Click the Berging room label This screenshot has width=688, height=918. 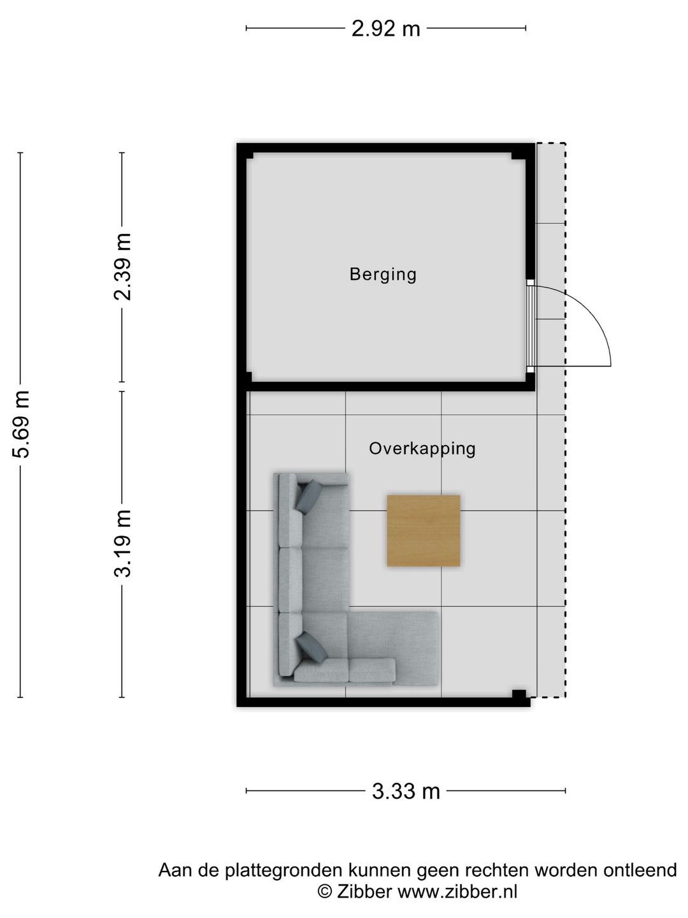tap(383, 275)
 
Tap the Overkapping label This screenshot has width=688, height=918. tap(422, 449)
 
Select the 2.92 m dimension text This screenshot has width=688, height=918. tap(385, 29)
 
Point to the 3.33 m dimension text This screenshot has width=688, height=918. tap(406, 791)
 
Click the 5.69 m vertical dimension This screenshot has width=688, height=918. tap(21, 424)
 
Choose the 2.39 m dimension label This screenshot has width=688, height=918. tap(122, 266)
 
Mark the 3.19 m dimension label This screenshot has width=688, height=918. tap(122, 543)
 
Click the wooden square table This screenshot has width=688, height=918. tap(423, 531)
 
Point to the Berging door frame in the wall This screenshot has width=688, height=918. tap(530, 326)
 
